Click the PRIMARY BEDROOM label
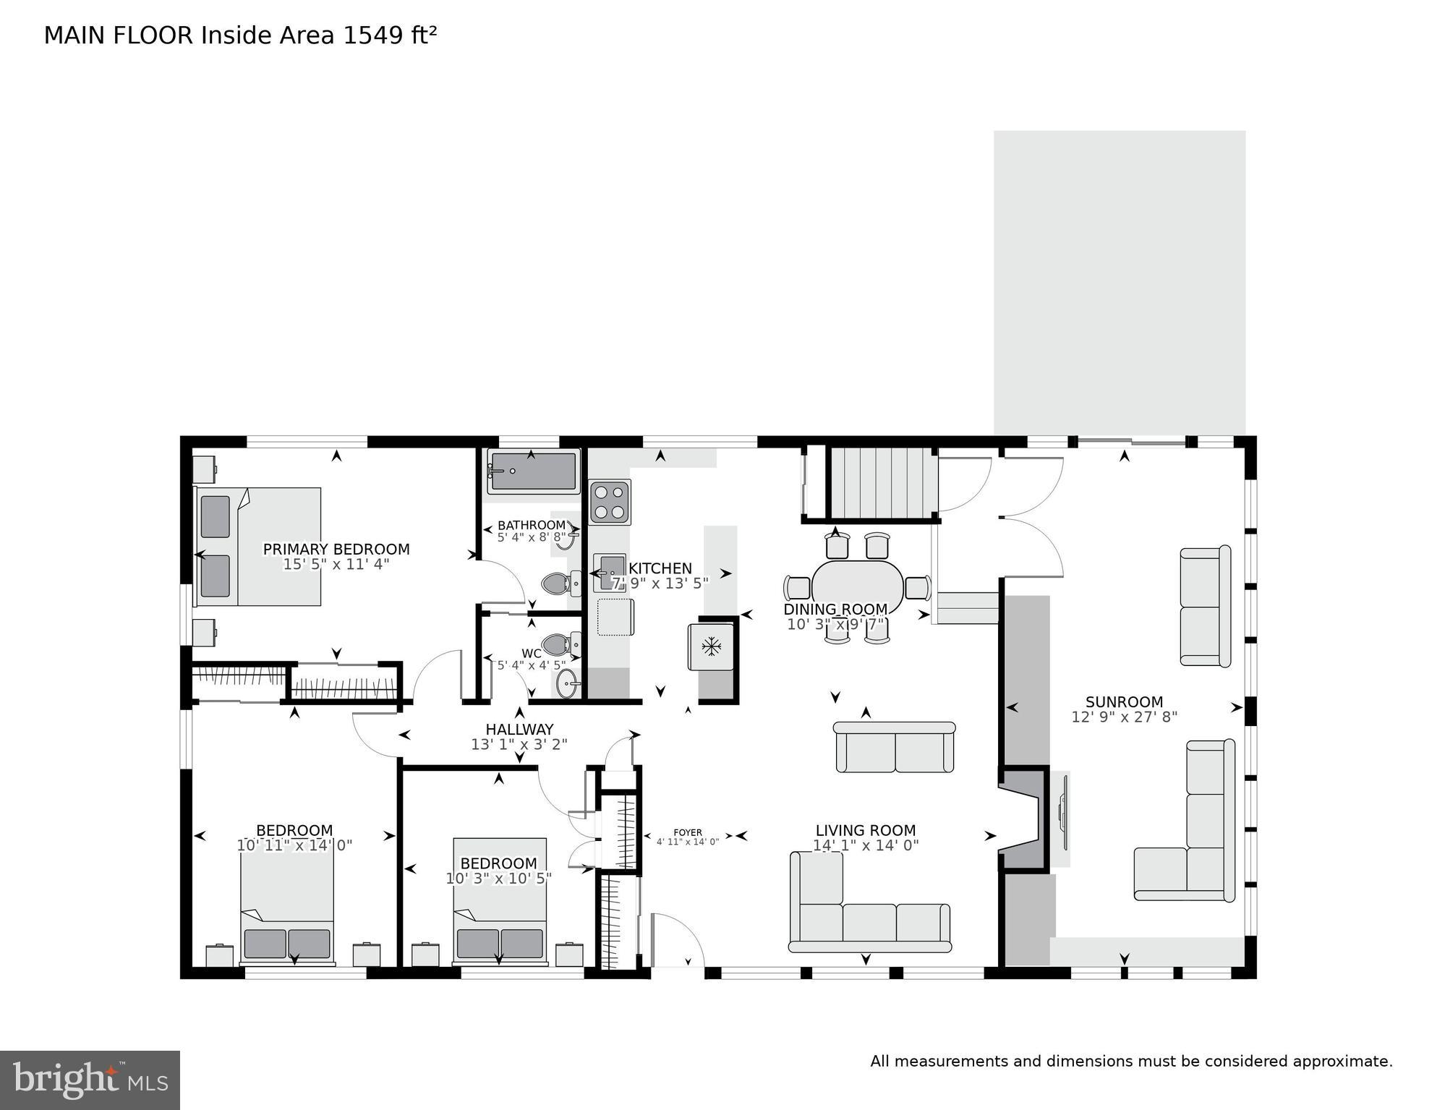click(x=336, y=550)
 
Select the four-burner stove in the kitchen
click(x=610, y=502)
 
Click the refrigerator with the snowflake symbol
click(x=712, y=646)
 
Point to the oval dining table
click(x=857, y=587)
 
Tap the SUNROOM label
click(x=1124, y=702)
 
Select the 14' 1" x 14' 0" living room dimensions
click(x=866, y=845)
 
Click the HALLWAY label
click(x=519, y=730)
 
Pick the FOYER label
click(x=687, y=832)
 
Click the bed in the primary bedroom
click(x=259, y=547)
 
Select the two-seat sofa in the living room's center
click(x=895, y=748)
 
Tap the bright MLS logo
click(x=90, y=1080)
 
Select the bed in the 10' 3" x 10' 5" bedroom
click(x=500, y=901)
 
